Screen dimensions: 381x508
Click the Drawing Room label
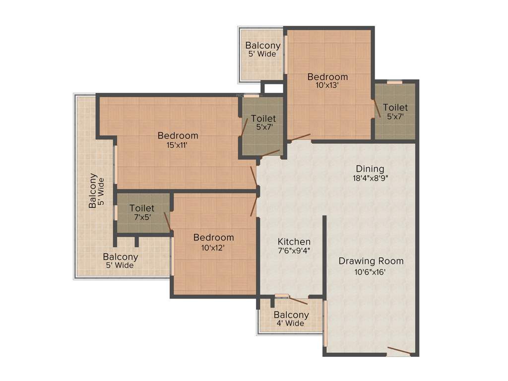click(x=371, y=261)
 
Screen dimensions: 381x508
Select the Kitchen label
click(x=294, y=242)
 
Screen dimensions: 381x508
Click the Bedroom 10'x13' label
click(x=327, y=77)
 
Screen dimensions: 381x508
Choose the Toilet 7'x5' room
click(x=142, y=213)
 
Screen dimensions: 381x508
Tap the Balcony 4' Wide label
click(x=291, y=319)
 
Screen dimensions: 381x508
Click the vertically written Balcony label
click(x=93, y=190)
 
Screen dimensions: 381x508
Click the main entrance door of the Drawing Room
click(x=398, y=352)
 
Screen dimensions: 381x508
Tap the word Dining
click(x=370, y=169)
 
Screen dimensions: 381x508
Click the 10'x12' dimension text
click(x=213, y=248)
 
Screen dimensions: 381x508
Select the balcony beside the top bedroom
click(x=262, y=50)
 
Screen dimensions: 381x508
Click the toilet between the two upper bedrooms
click(x=262, y=123)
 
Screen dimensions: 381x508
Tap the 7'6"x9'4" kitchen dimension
click(x=294, y=252)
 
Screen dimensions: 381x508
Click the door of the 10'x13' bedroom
click(x=300, y=137)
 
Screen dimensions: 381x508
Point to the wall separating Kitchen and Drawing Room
click(x=324, y=255)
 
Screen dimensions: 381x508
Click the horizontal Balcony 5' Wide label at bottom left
click(x=121, y=261)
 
